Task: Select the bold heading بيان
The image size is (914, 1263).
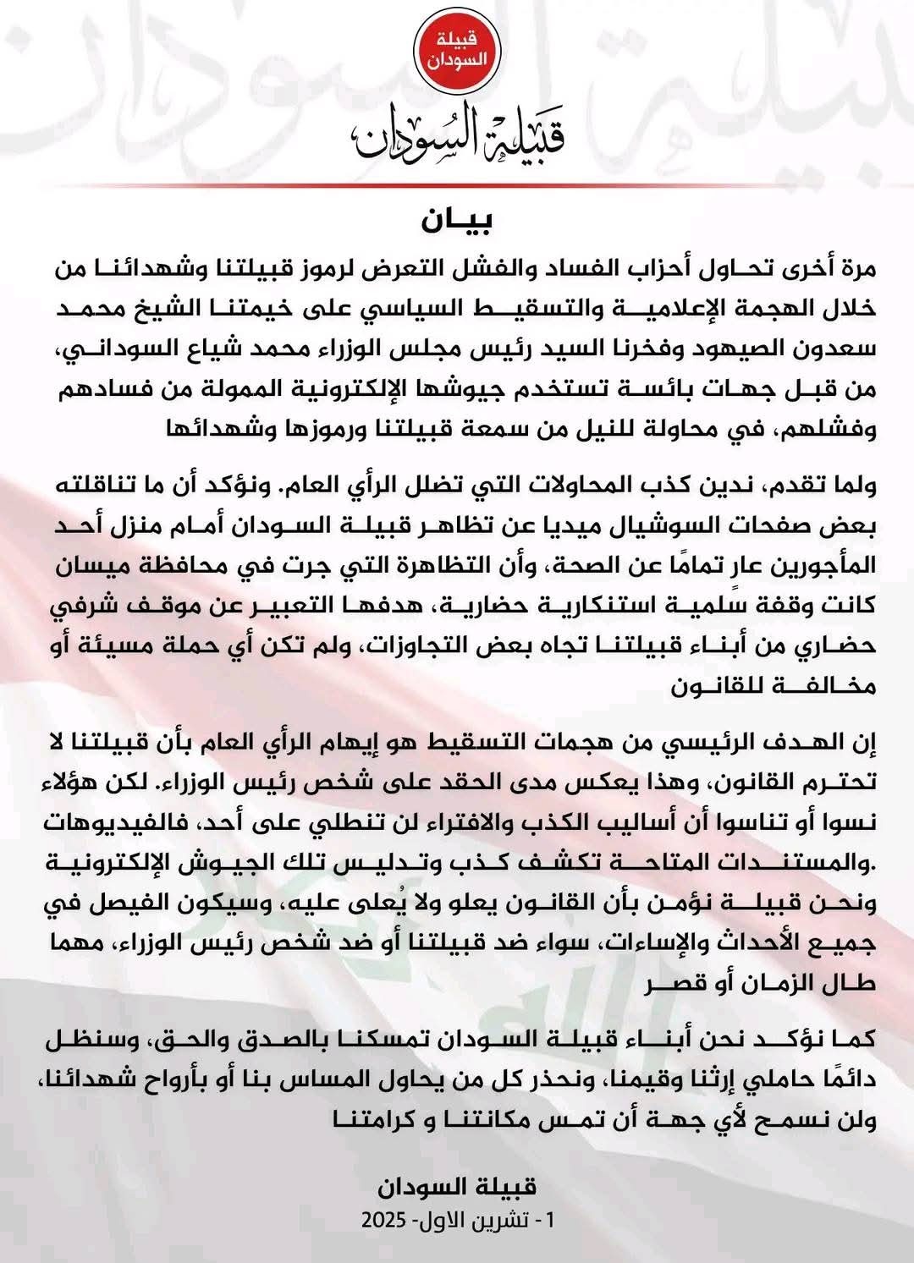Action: tap(457, 221)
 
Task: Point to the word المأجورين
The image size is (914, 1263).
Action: tap(825, 566)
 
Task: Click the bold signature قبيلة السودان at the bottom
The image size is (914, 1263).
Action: tap(457, 1187)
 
